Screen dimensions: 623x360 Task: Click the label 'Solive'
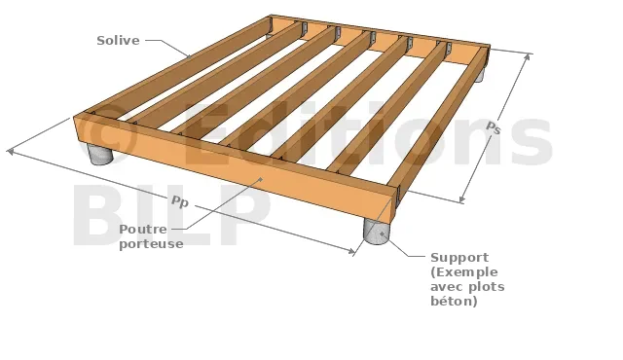[x=118, y=41]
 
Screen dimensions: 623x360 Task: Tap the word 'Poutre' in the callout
[x=143, y=230]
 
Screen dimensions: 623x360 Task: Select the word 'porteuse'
[x=151, y=244]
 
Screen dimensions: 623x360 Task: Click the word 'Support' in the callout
[x=459, y=258]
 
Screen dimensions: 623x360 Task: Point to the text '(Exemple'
[x=464, y=272]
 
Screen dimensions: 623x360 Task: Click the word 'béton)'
[x=454, y=301]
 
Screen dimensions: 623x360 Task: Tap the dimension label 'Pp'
[x=179, y=201]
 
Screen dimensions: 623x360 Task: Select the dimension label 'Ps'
[x=494, y=127]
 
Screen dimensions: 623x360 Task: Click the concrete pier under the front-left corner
[x=99, y=153]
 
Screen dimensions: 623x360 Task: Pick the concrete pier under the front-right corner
[x=377, y=232]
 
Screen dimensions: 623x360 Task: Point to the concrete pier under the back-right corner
[x=479, y=75]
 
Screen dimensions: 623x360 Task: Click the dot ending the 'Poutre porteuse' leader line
[x=261, y=179]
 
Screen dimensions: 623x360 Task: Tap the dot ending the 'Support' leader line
[x=383, y=234]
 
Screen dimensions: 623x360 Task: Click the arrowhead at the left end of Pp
[x=11, y=151]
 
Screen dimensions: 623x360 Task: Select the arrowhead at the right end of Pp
[x=351, y=251]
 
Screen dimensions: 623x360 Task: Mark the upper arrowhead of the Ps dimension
[x=528, y=56]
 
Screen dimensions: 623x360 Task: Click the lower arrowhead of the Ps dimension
[x=461, y=198]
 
